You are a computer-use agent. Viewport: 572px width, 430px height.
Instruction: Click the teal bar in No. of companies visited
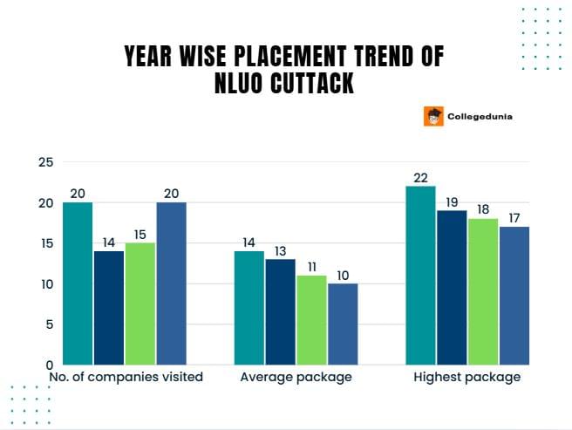coord(78,283)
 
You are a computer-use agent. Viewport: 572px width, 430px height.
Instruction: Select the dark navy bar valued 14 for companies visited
coord(109,308)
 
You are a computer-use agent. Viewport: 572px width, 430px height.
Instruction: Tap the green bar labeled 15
coord(140,304)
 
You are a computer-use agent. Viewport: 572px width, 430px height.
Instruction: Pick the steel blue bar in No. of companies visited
coord(171,283)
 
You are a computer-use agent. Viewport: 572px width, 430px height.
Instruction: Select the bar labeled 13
coord(281,311)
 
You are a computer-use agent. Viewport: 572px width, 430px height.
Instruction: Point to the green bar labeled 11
coord(311,320)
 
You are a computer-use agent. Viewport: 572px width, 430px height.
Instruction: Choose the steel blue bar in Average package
coord(343,324)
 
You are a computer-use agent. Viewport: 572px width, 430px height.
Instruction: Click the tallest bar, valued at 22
coord(421,275)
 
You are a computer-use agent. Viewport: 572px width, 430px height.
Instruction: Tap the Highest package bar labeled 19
coord(452,287)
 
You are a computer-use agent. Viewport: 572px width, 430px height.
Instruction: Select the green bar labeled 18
coord(483,291)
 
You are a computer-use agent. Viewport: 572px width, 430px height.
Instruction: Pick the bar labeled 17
coord(514,296)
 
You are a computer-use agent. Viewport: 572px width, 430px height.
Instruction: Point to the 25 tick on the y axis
coord(45,162)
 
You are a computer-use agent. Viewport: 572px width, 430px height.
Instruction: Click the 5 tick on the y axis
coord(49,324)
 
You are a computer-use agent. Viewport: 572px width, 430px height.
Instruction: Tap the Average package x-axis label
coord(296,378)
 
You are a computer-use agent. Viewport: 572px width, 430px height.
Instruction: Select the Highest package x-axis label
coord(467,378)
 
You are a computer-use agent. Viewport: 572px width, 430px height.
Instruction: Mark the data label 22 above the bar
coord(421,179)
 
